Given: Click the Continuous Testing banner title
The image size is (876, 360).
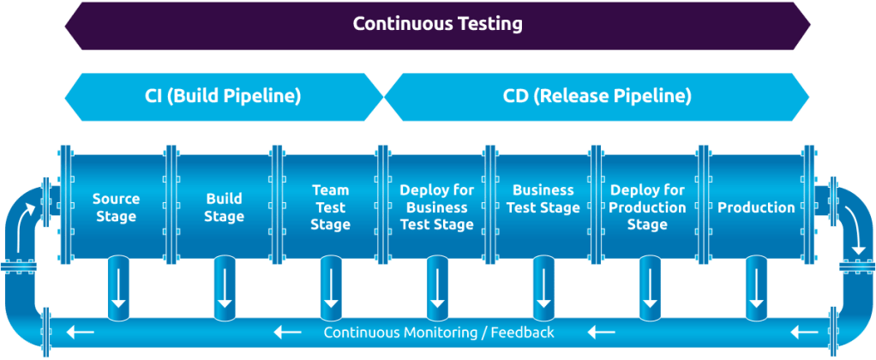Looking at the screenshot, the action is [x=438, y=24].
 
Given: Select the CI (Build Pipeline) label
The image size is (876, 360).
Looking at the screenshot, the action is [x=223, y=97].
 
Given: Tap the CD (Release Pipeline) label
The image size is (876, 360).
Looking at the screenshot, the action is [x=597, y=97].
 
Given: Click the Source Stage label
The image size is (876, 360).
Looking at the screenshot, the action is [x=117, y=207].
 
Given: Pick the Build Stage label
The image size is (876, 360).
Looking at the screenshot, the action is [x=224, y=207].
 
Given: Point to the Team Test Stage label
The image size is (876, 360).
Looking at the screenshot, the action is [x=330, y=207].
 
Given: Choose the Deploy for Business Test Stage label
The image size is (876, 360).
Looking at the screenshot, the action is [x=437, y=207].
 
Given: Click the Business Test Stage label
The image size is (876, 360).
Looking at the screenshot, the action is [x=543, y=199].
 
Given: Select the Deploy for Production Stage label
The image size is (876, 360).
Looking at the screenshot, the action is [x=647, y=207].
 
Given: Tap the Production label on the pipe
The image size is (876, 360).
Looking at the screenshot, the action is [x=756, y=208].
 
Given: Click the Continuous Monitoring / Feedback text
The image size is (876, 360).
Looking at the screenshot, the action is [x=439, y=333].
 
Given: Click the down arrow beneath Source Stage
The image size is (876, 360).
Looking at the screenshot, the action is [x=118, y=287].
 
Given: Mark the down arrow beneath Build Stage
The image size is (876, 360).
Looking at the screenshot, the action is [x=225, y=287].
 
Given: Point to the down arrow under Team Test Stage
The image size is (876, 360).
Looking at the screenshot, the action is [x=331, y=287].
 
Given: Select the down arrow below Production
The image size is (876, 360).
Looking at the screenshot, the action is [x=756, y=287].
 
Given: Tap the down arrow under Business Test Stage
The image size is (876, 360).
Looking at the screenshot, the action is [x=543, y=287].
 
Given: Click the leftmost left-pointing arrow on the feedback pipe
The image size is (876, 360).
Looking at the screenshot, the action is [x=80, y=333].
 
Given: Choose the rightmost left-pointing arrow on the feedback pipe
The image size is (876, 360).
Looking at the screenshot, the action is [x=805, y=333].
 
